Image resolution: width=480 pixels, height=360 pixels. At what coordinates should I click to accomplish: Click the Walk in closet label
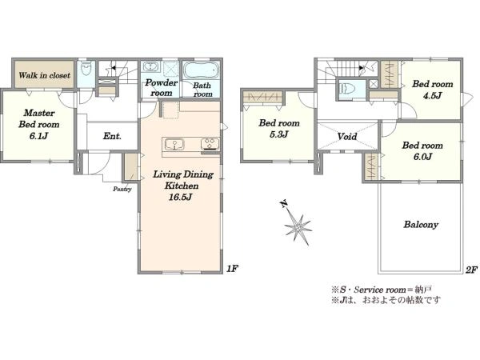click(x=44, y=75)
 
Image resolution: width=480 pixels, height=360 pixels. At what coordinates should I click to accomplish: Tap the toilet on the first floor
click(x=86, y=70)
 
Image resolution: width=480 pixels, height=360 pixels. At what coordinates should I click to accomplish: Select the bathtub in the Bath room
click(x=201, y=70)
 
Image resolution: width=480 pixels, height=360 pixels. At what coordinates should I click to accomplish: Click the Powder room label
click(x=161, y=87)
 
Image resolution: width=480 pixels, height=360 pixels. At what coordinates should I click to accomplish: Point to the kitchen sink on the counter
click(x=174, y=144)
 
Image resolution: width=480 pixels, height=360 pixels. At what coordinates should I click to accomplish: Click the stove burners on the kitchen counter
click(x=210, y=144)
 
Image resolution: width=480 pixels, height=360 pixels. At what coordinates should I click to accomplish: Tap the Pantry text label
click(x=122, y=189)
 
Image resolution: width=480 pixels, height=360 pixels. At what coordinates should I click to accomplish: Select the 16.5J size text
click(x=180, y=197)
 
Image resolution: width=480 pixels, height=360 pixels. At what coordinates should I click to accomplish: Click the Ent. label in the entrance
click(x=112, y=136)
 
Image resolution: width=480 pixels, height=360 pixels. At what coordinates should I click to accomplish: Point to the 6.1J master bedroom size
click(x=38, y=136)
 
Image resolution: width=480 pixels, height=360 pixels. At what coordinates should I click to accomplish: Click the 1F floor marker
click(x=232, y=269)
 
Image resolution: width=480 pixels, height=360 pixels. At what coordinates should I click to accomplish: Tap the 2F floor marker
click(x=471, y=270)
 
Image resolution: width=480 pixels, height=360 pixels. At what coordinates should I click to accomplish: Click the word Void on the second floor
click(x=347, y=136)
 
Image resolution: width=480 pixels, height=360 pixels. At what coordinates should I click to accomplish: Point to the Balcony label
click(x=421, y=225)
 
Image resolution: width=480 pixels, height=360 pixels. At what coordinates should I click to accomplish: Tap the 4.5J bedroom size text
click(x=432, y=96)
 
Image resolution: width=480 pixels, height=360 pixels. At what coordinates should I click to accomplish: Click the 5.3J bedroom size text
click(x=279, y=134)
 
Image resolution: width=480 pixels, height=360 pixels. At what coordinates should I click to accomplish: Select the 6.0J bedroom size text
click(x=422, y=157)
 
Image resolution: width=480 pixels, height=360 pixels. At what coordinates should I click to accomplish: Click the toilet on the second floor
click(x=347, y=89)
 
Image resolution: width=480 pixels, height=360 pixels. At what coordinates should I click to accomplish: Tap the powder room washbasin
click(x=150, y=66)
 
